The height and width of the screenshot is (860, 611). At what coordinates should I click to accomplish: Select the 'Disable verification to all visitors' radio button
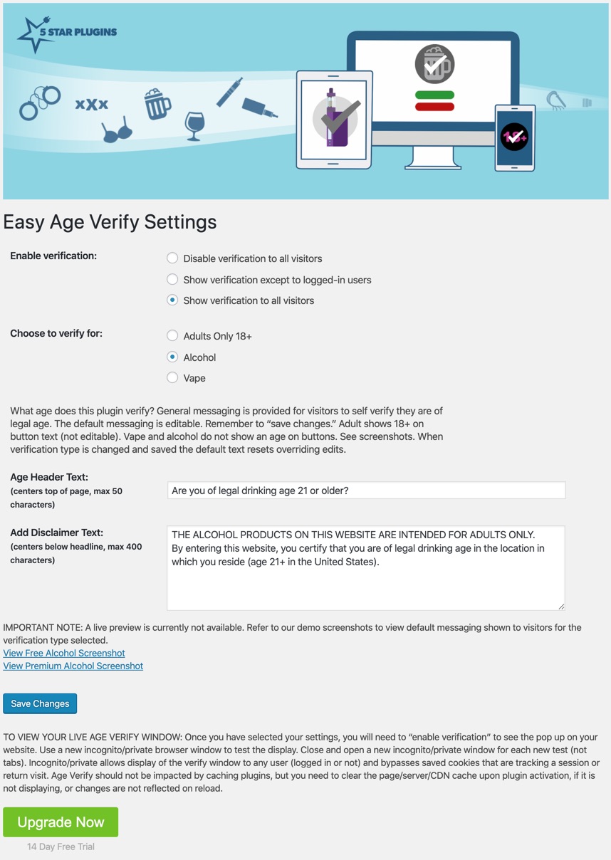[172, 258]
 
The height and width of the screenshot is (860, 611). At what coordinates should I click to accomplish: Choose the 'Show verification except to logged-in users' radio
[172, 280]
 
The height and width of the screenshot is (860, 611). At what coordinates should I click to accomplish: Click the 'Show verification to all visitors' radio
[172, 300]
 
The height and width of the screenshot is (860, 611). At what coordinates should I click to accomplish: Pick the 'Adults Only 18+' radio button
[172, 335]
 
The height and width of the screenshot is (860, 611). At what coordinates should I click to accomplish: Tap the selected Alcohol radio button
[172, 357]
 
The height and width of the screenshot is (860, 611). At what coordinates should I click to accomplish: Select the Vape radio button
[172, 378]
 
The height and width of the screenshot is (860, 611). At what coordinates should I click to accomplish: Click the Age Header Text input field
[366, 491]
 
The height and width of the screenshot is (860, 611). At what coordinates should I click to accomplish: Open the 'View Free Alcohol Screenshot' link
[64, 653]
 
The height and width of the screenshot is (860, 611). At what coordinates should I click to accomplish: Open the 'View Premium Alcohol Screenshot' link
[73, 666]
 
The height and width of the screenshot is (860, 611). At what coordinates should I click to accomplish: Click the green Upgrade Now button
[61, 822]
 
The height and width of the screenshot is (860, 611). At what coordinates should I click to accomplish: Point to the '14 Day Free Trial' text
[61, 846]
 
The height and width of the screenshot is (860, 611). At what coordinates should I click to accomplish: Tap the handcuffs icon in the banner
[39, 102]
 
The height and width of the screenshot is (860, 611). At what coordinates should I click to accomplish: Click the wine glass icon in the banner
[194, 125]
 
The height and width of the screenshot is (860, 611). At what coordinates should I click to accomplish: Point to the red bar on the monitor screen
[434, 107]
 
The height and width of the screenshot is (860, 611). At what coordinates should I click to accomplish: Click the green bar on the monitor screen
[434, 95]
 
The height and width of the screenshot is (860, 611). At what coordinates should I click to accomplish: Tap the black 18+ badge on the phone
[514, 137]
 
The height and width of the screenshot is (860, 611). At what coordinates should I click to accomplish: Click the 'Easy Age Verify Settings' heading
[110, 222]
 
